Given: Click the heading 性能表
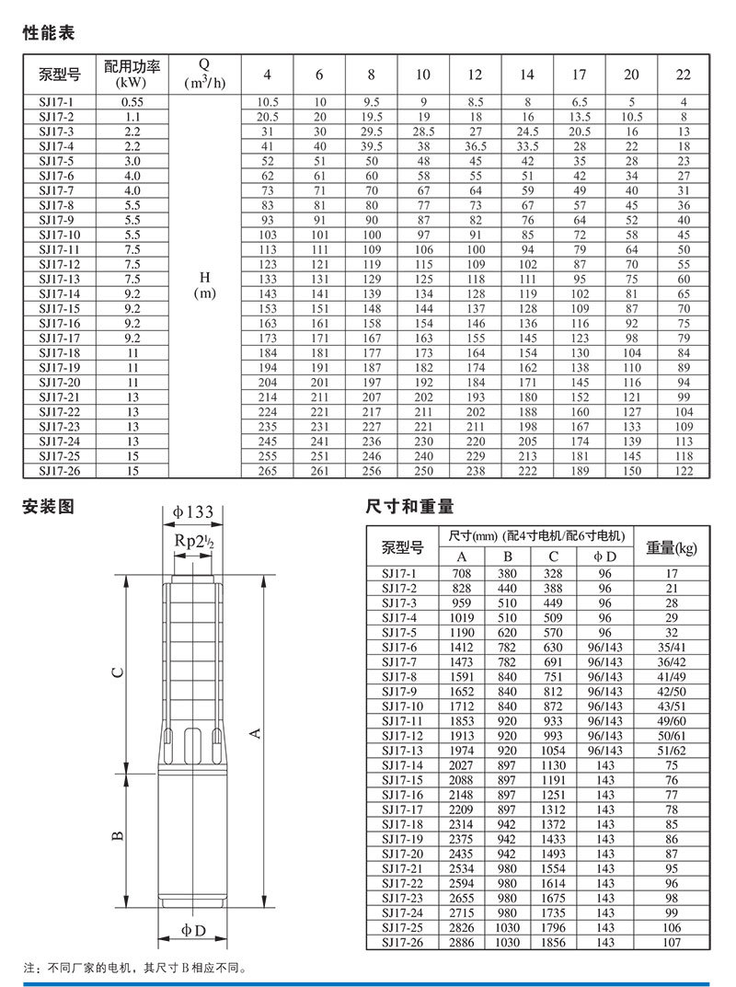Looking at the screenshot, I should tap(49, 33).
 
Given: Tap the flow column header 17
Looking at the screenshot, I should tap(579, 74).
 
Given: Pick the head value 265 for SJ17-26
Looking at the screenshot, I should tap(268, 471).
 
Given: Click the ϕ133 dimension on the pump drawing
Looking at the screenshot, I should tap(193, 512).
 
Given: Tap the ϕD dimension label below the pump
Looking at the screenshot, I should tap(193, 931).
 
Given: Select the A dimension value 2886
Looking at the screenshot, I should tap(462, 942).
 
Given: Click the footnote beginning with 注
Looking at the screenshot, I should tap(134, 968).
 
